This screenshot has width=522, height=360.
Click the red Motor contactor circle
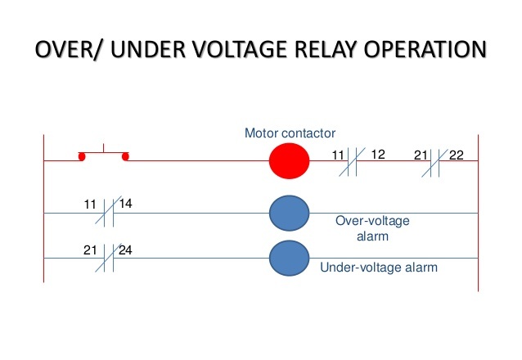290,160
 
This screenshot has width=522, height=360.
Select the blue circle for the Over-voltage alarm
290,213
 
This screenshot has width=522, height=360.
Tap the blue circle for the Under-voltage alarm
290,258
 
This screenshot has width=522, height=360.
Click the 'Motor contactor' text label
290,133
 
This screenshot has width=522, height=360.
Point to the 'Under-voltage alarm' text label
378,267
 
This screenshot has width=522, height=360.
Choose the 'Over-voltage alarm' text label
372,228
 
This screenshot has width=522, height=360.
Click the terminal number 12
378,154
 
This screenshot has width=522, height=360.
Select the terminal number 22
456,155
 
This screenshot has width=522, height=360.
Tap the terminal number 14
126,204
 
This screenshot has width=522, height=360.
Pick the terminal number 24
125,250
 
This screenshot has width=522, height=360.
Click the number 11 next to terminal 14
90,205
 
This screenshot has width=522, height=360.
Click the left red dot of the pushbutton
82,155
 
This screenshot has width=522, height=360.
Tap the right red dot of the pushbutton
126,155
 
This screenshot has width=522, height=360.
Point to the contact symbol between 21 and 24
107,257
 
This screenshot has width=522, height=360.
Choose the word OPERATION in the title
426,50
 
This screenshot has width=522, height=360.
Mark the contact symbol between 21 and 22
437,160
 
